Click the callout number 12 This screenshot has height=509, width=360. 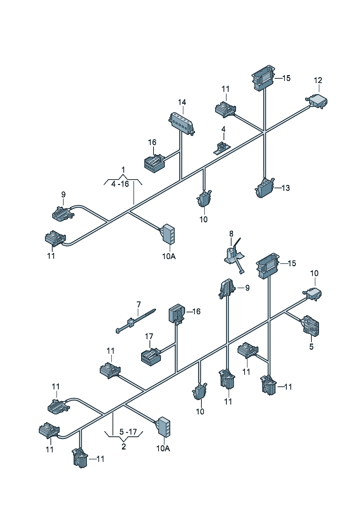pos(318,80)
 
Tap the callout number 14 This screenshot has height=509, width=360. pos(182,102)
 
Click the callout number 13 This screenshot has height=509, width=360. pos(286,188)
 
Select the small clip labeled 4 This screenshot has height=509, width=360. pos(221,147)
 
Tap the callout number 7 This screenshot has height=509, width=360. pos(138,304)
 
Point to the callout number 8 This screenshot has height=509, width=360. pos(231,234)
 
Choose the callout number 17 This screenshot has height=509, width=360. pos(149,337)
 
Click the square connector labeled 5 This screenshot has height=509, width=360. pos(311,325)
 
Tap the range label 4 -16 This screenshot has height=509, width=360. pos(120,184)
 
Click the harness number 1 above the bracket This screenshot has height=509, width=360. pos(123,170)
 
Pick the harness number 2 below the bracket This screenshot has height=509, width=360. pos(124,447)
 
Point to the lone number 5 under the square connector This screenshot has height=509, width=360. pos(311,347)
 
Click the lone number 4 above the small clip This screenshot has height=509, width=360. pos(224,129)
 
